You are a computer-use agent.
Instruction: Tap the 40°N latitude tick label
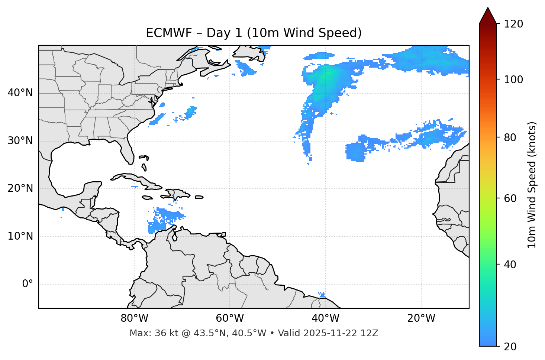[20, 93]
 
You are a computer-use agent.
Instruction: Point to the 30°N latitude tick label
[20, 141]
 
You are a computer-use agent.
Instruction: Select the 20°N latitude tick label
[20, 188]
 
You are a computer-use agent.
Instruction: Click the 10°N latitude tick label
[20, 236]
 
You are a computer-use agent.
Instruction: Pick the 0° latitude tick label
[27, 284]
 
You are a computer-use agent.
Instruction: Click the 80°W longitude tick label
[134, 318]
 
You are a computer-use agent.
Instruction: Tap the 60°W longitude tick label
[230, 318]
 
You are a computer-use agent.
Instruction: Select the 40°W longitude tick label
[325, 318]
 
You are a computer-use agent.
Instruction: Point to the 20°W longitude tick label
[421, 318]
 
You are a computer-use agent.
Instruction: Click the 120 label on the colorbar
[513, 24]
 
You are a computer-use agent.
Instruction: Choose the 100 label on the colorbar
[513, 80]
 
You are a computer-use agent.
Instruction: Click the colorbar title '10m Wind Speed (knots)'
[532, 185]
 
